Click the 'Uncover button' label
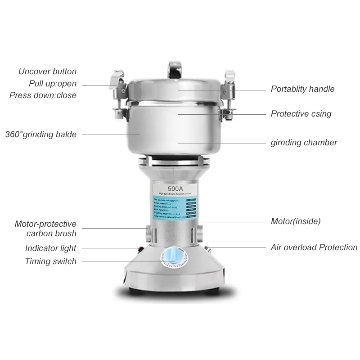coord(47,72)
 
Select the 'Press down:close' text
coord(43,95)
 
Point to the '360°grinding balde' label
coord(40,134)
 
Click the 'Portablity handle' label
coord(302,89)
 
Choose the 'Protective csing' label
coord(301,114)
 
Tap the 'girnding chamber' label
coord(304,143)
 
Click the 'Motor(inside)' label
coord(296,221)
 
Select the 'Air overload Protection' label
coord(314,247)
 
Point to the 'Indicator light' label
coord(50,248)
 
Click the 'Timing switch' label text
coord(50,261)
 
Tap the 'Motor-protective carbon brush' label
coord(45,229)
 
